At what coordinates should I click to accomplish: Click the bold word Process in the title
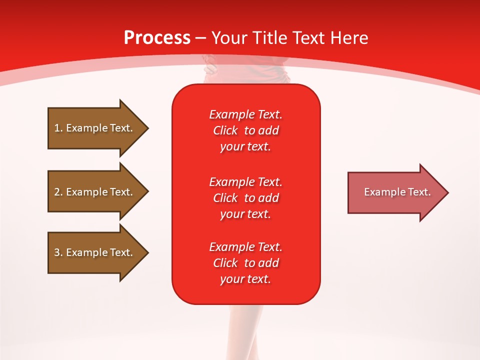[x=157, y=38]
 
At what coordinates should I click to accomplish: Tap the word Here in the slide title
[x=349, y=38]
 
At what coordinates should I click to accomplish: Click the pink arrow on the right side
[x=395, y=192]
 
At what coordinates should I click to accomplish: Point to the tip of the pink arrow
[x=446, y=192]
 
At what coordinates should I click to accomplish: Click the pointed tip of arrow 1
[x=146, y=128]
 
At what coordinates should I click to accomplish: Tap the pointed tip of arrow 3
[x=146, y=252]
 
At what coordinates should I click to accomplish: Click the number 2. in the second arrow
[x=58, y=192]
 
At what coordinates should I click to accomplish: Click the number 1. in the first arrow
[x=58, y=128]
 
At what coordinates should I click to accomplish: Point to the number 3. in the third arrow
[x=58, y=252]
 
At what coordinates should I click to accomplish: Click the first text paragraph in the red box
[x=246, y=130]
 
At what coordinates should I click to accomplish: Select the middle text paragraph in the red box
[x=246, y=197]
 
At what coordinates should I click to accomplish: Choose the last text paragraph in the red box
[x=246, y=263]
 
